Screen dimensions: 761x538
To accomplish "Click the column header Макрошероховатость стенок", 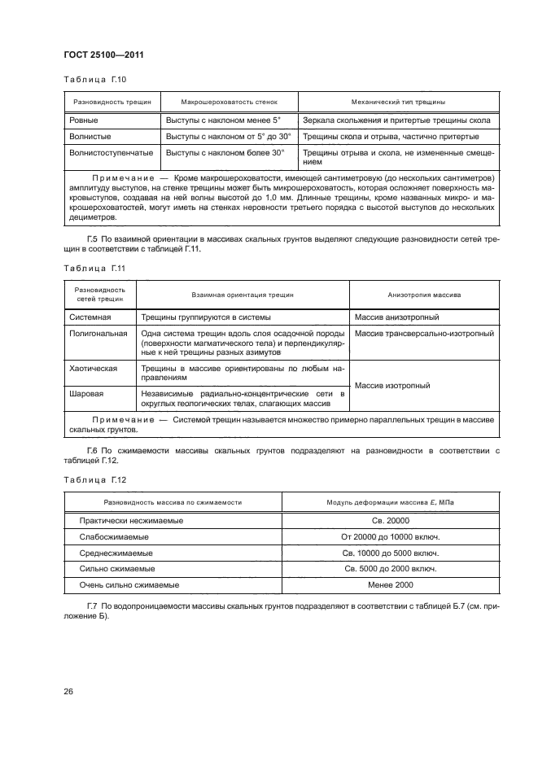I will click(229, 103).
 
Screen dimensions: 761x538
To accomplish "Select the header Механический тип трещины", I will click(397, 103).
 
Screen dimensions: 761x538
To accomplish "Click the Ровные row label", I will click(84, 120).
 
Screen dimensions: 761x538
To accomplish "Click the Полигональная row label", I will click(98, 333).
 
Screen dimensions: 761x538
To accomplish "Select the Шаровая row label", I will click(85, 393).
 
